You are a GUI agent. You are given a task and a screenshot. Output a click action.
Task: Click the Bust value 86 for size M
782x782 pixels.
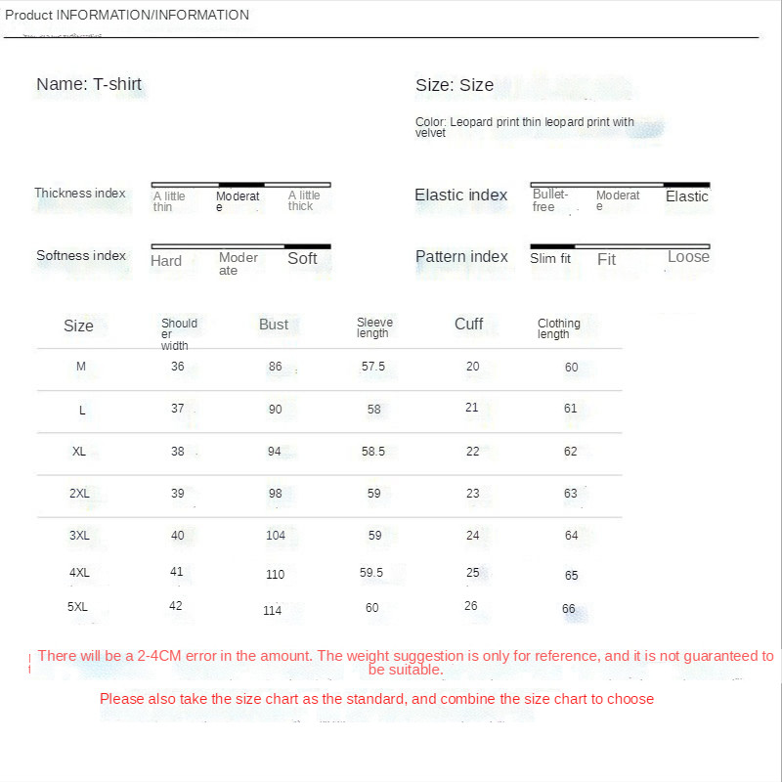[275, 367]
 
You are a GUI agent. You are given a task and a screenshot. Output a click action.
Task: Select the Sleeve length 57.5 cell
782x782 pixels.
[373, 367]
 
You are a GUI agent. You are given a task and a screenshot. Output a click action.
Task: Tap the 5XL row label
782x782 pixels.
[78, 607]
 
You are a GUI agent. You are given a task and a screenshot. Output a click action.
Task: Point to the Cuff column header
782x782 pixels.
[468, 324]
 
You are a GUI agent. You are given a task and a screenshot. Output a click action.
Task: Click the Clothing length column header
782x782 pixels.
[558, 328]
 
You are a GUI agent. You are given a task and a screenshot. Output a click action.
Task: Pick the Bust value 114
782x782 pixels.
[272, 611]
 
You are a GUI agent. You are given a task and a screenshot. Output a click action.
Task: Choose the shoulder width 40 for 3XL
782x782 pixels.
[177, 535]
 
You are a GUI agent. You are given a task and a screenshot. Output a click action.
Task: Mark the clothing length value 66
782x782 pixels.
[569, 609]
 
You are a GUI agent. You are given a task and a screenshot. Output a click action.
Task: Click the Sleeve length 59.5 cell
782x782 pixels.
[371, 573]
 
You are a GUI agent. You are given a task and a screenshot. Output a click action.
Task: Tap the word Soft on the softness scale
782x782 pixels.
[302, 259]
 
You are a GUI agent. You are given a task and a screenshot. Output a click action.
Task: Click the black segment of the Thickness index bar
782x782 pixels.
[241, 184]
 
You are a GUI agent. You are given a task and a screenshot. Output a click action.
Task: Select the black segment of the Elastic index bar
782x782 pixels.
[686, 184]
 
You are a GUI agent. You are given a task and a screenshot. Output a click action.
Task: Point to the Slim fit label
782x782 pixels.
[550, 259]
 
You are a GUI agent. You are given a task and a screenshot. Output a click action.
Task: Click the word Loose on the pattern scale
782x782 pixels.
[688, 257]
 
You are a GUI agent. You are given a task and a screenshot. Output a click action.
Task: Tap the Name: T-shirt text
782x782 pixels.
[89, 84]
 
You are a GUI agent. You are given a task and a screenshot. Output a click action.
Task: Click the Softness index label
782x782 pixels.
[81, 256]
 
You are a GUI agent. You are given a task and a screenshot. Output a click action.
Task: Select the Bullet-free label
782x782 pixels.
[550, 200]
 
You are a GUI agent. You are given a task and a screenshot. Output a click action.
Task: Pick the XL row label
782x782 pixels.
[79, 452]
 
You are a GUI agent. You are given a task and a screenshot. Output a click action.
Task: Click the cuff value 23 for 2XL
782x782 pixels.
[473, 494]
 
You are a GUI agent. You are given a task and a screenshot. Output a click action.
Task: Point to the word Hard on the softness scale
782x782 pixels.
[166, 261]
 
